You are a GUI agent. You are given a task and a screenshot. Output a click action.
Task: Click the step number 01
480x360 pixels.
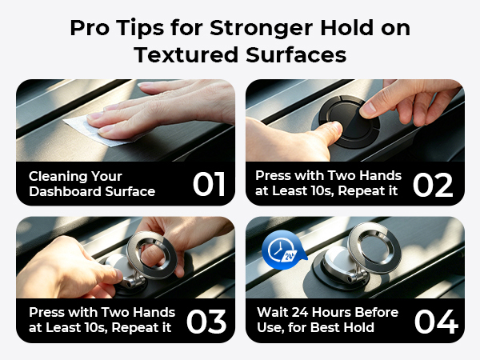click(x=209, y=184)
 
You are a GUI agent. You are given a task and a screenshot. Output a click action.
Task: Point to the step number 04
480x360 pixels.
click(x=437, y=321)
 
